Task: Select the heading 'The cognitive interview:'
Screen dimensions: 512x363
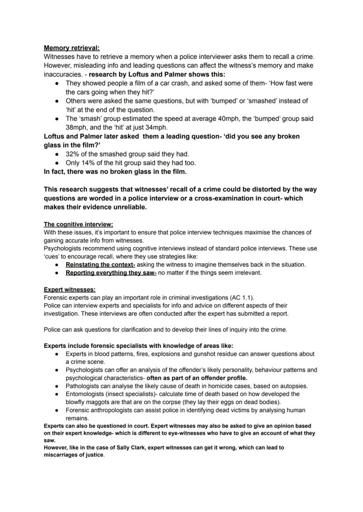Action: (x=78, y=224)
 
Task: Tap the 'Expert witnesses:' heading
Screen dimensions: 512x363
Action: (x=70, y=290)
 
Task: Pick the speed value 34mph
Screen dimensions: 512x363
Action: (x=156, y=127)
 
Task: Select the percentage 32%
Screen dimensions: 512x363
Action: (x=73, y=154)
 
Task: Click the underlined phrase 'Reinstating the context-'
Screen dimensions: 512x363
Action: (x=100, y=265)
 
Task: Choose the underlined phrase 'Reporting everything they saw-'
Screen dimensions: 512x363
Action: (x=111, y=272)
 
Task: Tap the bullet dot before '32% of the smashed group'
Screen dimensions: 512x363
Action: (x=57, y=155)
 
